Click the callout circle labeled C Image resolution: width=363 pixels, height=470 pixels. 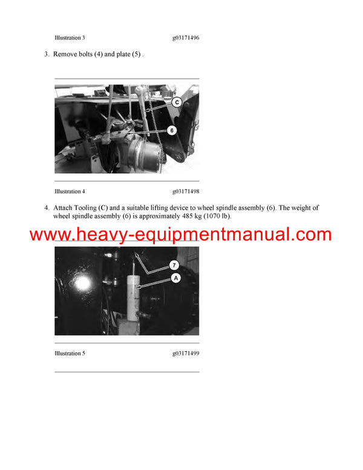click(177, 102)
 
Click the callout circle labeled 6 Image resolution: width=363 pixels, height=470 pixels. click(172, 130)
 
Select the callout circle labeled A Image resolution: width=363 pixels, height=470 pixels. click(176, 278)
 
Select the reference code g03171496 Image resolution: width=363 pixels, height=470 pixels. click(185, 38)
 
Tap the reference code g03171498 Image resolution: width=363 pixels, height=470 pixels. click(185, 191)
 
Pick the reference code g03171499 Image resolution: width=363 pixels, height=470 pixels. click(185, 353)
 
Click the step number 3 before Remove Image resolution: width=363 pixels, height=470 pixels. click(46, 55)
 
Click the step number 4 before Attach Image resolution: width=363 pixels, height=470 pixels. click(46, 208)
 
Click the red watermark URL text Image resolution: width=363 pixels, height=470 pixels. click(180, 235)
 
